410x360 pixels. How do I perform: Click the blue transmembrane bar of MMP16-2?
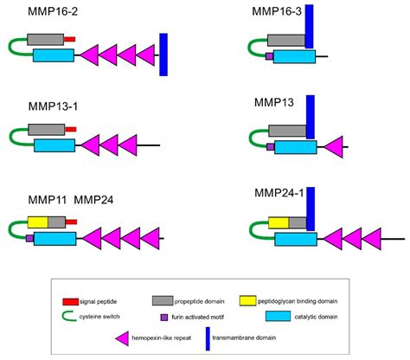[x=163, y=54]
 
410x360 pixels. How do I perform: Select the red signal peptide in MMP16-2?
[x=71, y=40]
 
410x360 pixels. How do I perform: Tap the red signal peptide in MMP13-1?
[x=71, y=129]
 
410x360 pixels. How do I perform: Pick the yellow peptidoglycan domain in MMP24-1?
[x=279, y=222]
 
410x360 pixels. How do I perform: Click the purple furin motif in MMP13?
[x=270, y=148]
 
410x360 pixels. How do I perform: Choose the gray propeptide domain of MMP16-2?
[x=45, y=40]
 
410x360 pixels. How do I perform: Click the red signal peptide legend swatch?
[x=71, y=300]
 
